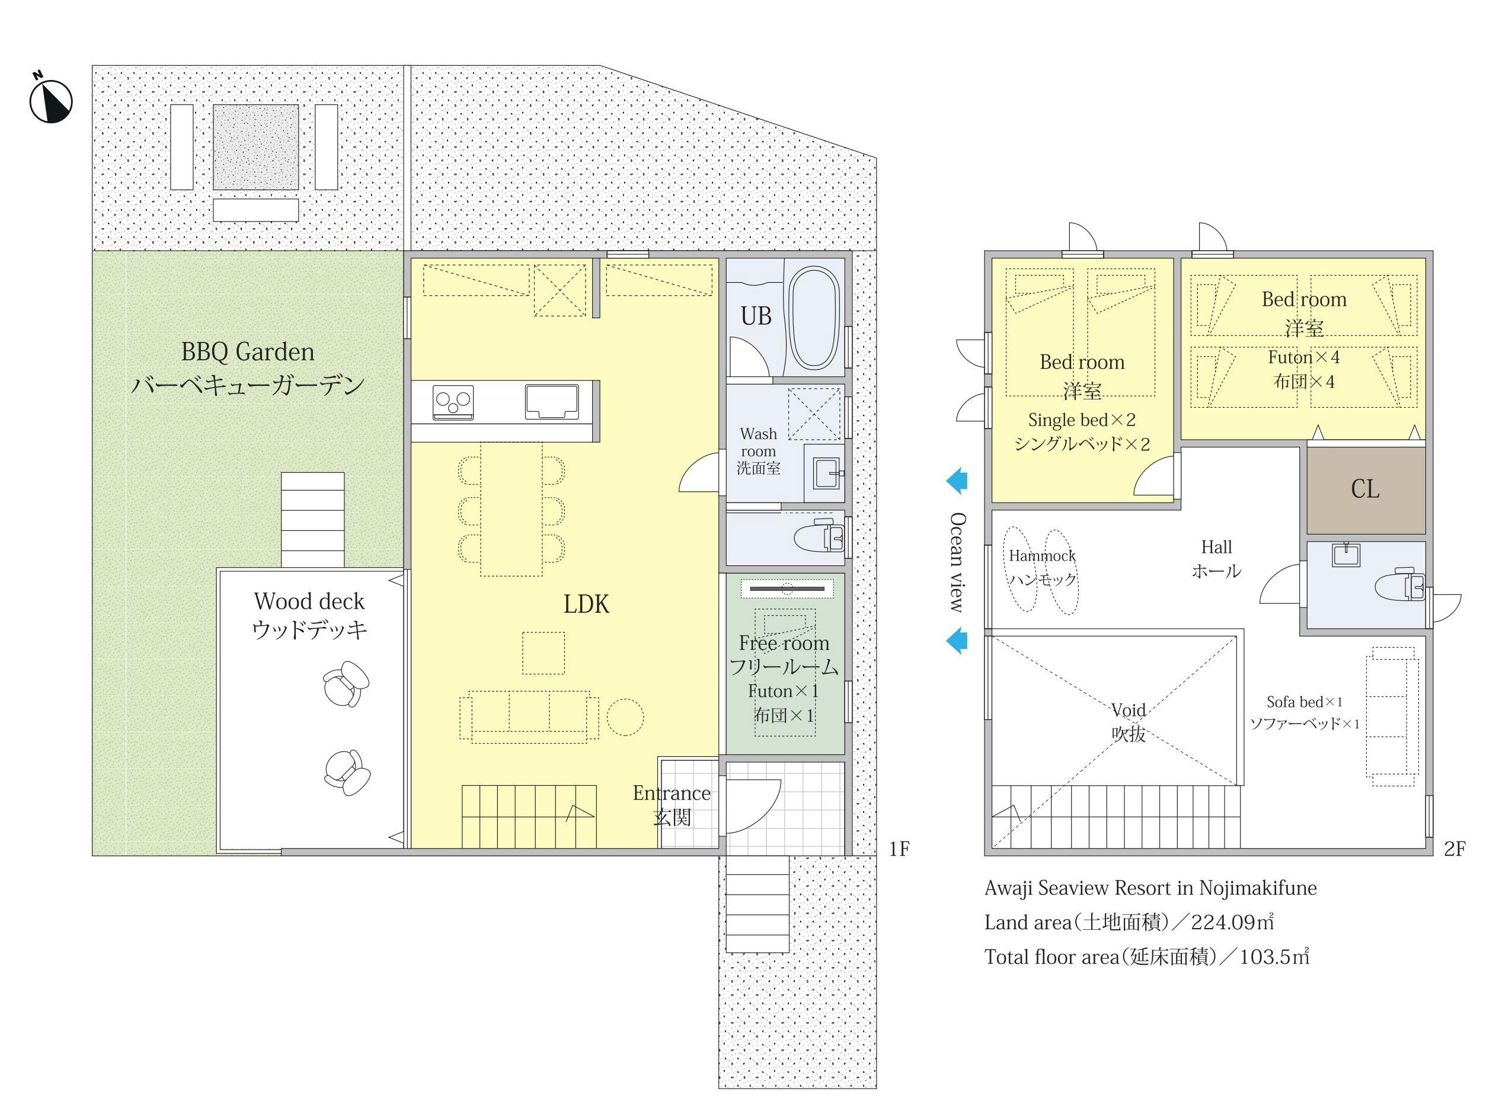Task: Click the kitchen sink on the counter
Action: [x=551, y=401]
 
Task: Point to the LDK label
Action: [x=586, y=604]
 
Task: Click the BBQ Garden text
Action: [x=248, y=352]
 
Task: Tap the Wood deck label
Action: [x=309, y=601]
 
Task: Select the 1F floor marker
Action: [x=899, y=849]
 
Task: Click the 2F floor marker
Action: [x=1455, y=849]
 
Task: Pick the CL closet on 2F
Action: [x=1366, y=490]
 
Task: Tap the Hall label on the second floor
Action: [x=1216, y=548]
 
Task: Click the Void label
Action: [x=1129, y=709]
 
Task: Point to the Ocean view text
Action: [x=958, y=562]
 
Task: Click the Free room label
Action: [x=784, y=644]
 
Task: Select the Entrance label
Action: [x=672, y=794]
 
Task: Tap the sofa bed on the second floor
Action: [x=1392, y=716]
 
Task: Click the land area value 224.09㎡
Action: [x=1232, y=923]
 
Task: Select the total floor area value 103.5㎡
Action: [x=1274, y=957]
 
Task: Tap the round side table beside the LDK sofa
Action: [x=625, y=717]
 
